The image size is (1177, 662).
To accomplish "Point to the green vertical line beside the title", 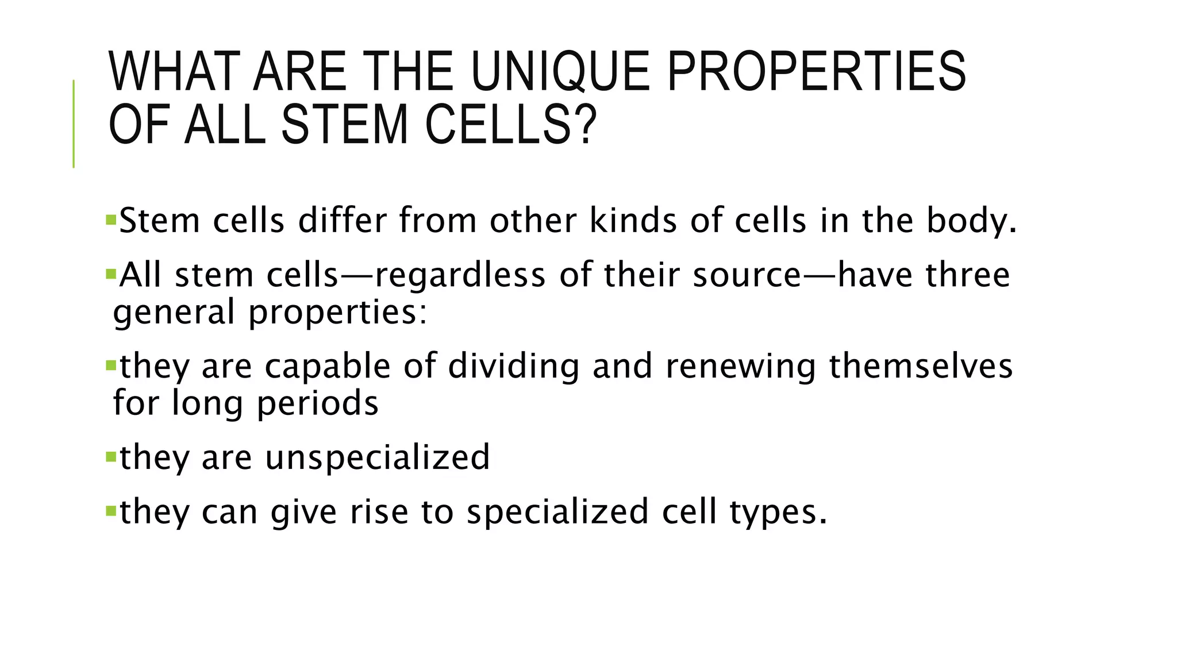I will tap(74, 124).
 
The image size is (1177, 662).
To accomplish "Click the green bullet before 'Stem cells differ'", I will tap(111, 219).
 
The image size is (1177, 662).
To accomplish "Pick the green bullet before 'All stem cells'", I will tap(111, 273).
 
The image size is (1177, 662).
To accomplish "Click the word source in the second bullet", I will tap(747, 275).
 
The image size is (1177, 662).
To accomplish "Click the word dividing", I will tap(513, 367).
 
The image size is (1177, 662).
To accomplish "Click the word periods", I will tap(317, 404).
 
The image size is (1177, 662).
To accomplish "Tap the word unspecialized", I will tap(377, 458).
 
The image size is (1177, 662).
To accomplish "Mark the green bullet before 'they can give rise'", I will tap(111, 510).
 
